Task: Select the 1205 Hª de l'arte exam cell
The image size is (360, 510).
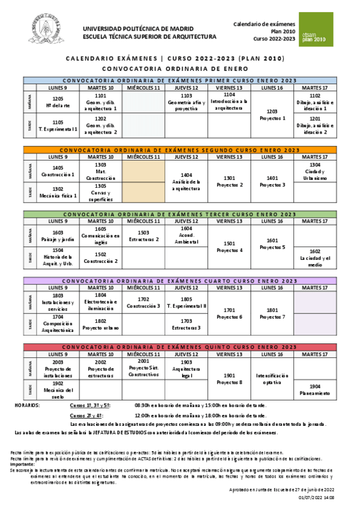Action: pyautogui.click(x=58, y=103)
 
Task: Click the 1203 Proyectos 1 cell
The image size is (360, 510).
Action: pyautogui.click(x=272, y=115)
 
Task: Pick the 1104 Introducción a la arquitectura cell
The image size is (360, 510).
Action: pyautogui.click(x=229, y=102)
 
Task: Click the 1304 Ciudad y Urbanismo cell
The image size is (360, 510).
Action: pyautogui.click(x=315, y=171)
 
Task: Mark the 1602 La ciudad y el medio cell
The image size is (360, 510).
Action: pyautogui.click(x=315, y=258)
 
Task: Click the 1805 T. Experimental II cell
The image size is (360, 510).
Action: pyautogui.click(x=186, y=303)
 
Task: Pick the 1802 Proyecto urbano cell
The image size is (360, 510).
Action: pyautogui.click(x=100, y=325)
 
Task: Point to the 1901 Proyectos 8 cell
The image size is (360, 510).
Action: pyautogui.click(x=229, y=378)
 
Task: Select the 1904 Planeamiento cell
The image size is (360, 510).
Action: pyautogui.click(x=315, y=390)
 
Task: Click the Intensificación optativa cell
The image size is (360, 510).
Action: pyautogui.click(x=272, y=378)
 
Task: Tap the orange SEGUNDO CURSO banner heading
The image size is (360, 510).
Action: pyautogui.click(x=180, y=150)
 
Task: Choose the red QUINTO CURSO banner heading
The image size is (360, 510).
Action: pyautogui.click(x=180, y=347)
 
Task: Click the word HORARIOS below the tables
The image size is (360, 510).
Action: pyautogui.click(x=27, y=405)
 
